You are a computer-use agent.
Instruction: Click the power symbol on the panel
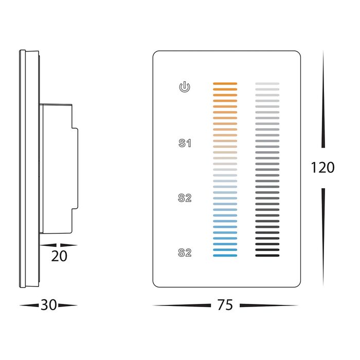[x=185, y=87]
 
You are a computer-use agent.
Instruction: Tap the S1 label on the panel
[x=185, y=143]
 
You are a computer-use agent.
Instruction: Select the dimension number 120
[x=322, y=167]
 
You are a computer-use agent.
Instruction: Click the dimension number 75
[x=225, y=305]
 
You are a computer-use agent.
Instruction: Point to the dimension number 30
[x=48, y=305]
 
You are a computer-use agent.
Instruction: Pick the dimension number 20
[x=59, y=256]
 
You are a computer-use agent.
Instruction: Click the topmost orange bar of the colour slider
[x=225, y=83]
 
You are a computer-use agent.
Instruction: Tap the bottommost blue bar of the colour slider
[x=225, y=256]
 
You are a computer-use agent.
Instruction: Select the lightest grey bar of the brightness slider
[x=267, y=83]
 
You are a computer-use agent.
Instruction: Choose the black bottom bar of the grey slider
[x=267, y=256]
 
